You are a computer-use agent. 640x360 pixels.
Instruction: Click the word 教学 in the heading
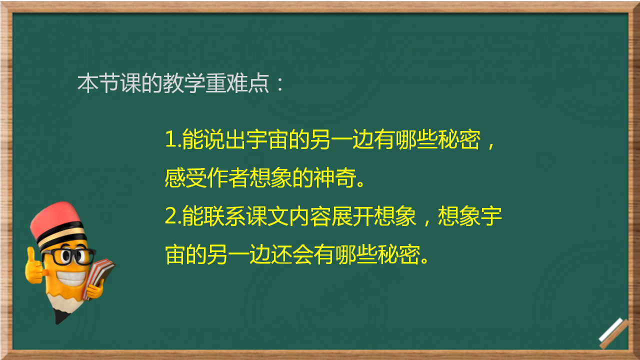click(x=184, y=83)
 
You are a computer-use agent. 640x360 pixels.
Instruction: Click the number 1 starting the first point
click(x=171, y=139)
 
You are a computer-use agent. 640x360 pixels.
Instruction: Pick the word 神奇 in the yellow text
click(x=335, y=177)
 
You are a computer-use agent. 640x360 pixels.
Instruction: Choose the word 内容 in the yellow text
click(x=310, y=216)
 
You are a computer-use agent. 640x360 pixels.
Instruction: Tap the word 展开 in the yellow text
click(x=352, y=216)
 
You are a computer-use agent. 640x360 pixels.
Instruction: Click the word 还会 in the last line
click(x=292, y=254)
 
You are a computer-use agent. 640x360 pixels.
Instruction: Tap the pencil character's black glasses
click(x=69, y=256)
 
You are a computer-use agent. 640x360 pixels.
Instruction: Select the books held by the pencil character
click(x=99, y=276)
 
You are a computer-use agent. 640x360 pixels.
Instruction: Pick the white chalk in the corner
click(x=611, y=329)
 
